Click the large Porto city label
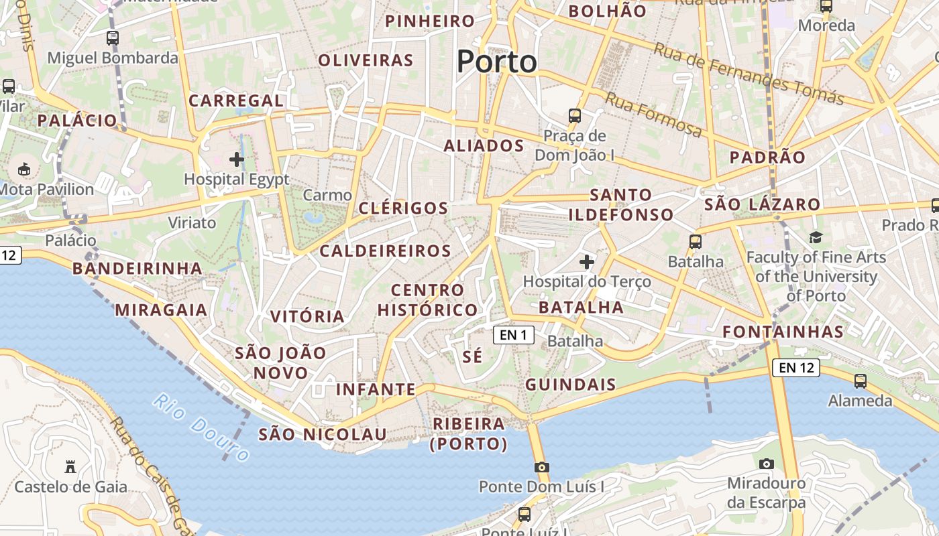click(x=496, y=62)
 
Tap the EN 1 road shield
click(x=514, y=335)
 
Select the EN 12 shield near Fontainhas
click(x=796, y=367)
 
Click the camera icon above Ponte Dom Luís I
click(x=541, y=467)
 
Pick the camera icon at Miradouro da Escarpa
click(x=766, y=464)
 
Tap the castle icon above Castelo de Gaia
click(x=70, y=466)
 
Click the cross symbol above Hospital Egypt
click(x=236, y=159)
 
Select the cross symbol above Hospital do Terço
click(x=587, y=261)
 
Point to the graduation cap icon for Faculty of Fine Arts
click(x=816, y=237)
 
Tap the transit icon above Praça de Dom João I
click(x=575, y=115)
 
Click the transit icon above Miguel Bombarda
click(x=112, y=38)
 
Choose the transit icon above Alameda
click(x=860, y=381)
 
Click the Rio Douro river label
click(x=201, y=427)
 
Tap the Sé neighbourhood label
click(x=472, y=356)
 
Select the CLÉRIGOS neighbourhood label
click(x=403, y=208)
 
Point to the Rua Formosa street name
click(x=653, y=115)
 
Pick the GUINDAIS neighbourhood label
click(x=570, y=385)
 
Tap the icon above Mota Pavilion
click(x=25, y=169)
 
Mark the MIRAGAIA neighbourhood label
click(x=161, y=310)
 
